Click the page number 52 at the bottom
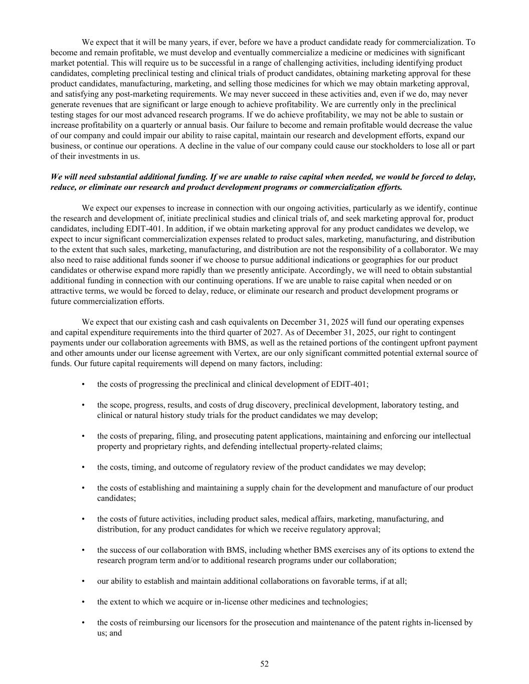point(264,664)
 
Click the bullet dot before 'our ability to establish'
point(83,581)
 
